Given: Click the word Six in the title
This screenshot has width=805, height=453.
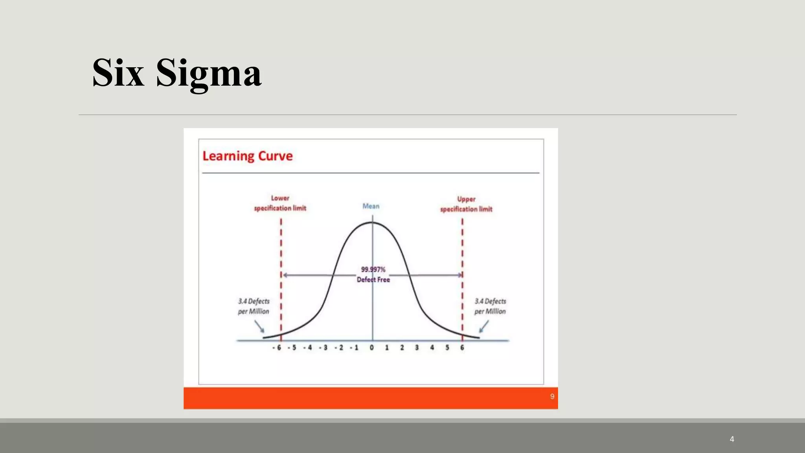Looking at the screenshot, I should (118, 73).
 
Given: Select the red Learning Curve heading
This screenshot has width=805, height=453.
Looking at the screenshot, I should (247, 156).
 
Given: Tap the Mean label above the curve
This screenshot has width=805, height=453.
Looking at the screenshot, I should (371, 206).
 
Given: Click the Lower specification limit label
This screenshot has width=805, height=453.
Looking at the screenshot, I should (280, 203).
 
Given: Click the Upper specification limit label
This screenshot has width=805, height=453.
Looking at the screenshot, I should (466, 204).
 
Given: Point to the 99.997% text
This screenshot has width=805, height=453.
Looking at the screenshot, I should (373, 269).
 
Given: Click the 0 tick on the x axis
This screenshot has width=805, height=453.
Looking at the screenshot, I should (372, 348).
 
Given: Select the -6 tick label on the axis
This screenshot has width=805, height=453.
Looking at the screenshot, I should (277, 348).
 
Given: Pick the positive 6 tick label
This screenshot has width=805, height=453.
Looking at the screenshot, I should (462, 348).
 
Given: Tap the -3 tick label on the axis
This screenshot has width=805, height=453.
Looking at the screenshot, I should (323, 348).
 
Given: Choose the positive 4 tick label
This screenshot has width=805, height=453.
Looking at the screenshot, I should (432, 348).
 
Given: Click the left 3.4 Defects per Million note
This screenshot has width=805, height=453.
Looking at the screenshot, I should (254, 306).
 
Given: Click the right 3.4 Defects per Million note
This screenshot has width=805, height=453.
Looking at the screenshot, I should (490, 306).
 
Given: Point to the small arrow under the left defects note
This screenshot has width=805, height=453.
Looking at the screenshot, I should (259, 326).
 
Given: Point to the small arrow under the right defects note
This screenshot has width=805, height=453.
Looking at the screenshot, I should (484, 326).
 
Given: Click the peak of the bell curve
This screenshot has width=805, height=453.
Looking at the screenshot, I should (372, 223).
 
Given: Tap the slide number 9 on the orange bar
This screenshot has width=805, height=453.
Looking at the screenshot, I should (552, 396).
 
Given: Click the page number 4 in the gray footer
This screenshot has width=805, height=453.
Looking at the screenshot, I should (732, 439).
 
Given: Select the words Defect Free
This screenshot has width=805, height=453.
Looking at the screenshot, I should (373, 280).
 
